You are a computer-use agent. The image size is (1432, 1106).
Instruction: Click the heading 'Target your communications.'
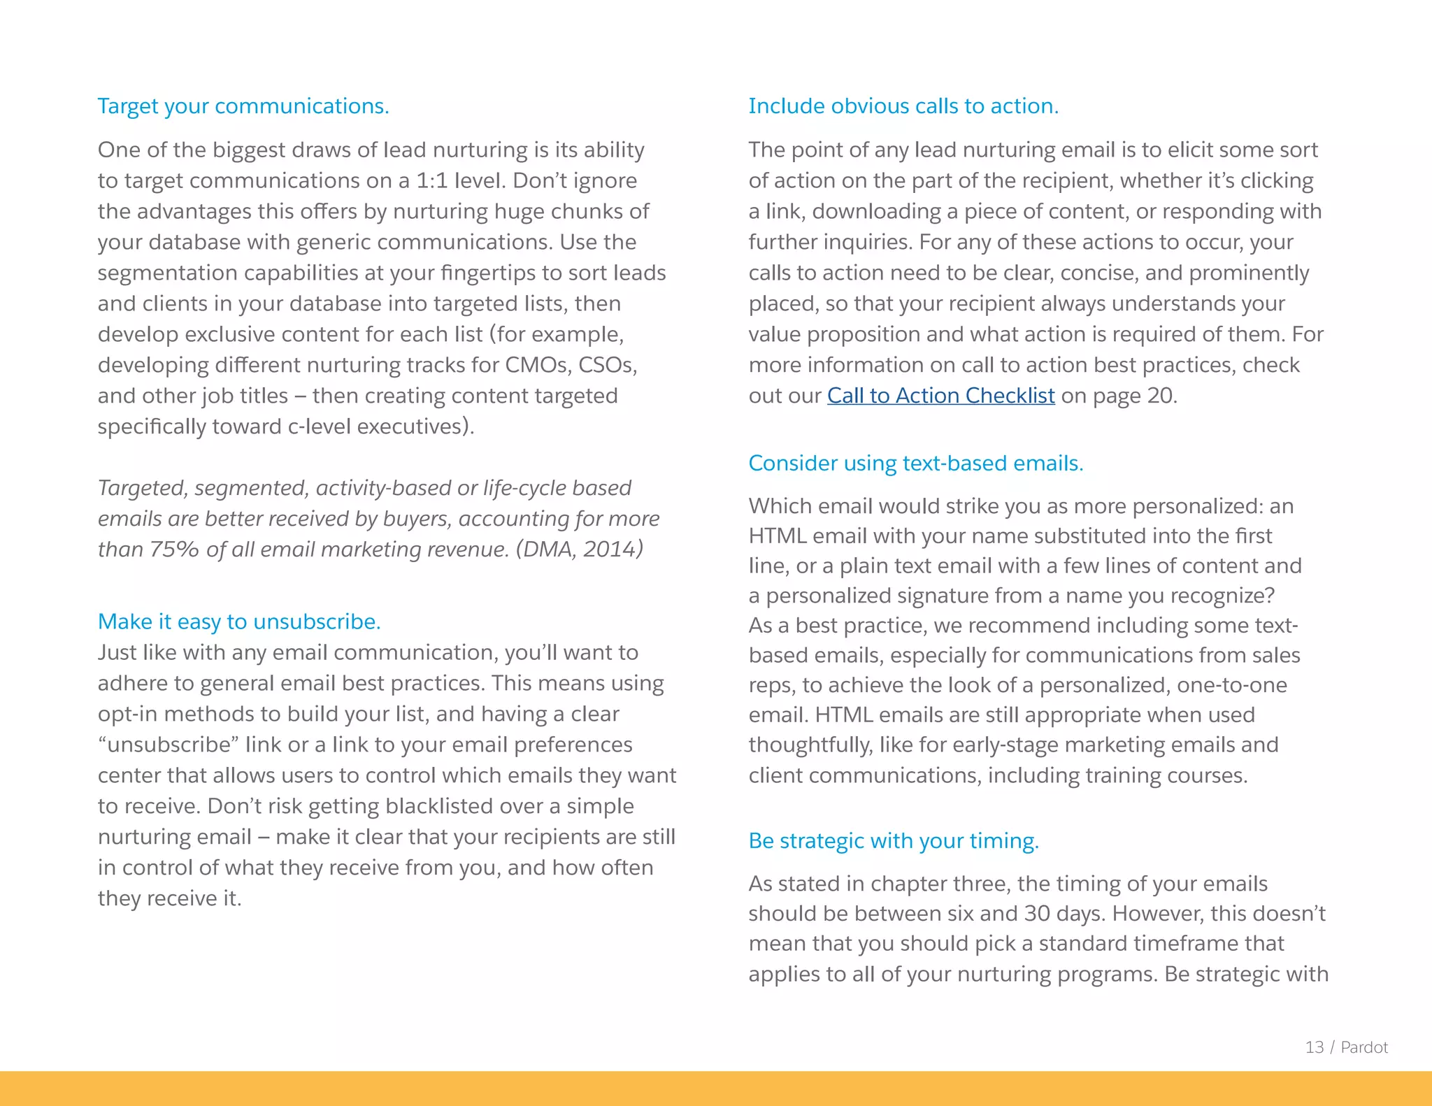pos(243,106)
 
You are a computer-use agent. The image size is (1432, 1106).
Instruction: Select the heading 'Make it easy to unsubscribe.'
pos(239,622)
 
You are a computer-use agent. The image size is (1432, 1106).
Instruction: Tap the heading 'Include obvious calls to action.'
pos(903,106)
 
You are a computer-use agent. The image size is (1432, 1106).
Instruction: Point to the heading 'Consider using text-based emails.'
pos(915,464)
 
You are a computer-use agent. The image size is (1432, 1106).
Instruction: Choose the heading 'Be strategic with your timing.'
pos(894,840)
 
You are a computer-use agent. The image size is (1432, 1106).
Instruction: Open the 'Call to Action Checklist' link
pos(940,396)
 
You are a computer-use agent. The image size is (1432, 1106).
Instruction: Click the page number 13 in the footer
pos(1314,1047)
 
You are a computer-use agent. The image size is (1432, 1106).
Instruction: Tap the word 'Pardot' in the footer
pos(1364,1047)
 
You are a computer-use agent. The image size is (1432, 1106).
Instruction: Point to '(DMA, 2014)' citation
pos(579,550)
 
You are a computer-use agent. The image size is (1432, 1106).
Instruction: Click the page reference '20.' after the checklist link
pos(1162,396)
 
